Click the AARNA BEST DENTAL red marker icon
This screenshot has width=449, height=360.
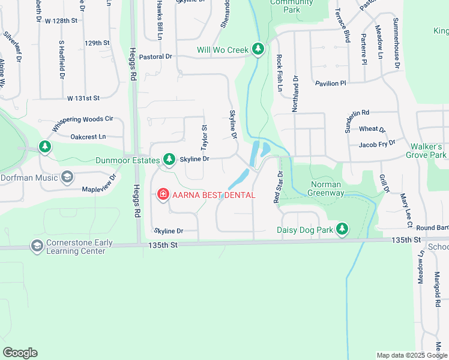tap(162, 194)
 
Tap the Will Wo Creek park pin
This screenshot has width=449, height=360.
tap(258, 49)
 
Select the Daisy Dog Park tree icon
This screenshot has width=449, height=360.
tap(342, 229)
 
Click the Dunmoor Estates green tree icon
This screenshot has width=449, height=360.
tap(169, 159)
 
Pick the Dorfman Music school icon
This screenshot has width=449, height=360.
tap(67, 177)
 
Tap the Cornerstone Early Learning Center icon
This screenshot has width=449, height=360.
tap(37, 247)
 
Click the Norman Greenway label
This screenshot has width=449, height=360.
tap(325, 188)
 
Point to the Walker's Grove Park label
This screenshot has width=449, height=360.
tap(429, 151)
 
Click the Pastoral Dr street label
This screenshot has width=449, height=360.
tap(155, 56)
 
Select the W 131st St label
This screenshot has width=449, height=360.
tap(83, 97)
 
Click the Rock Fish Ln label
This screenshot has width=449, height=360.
tap(280, 73)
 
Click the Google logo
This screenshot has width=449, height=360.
tap(20, 353)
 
